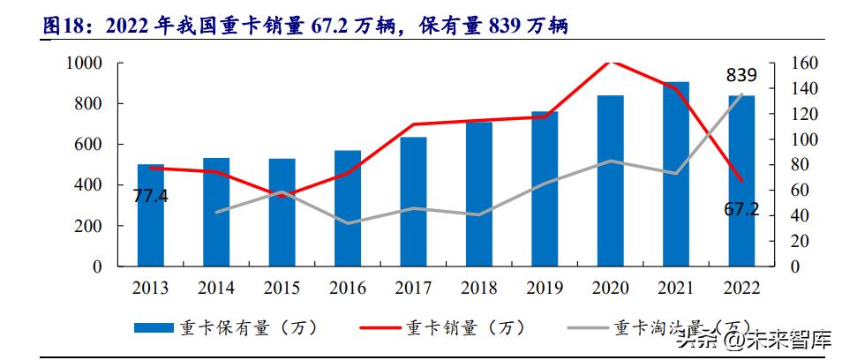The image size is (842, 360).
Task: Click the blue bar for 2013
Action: tap(150, 214)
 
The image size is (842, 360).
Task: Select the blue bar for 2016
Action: tap(347, 207)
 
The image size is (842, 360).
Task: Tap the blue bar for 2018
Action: tap(478, 193)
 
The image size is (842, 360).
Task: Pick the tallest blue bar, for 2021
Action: tap(675, 174)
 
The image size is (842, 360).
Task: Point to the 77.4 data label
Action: tap(150, 196)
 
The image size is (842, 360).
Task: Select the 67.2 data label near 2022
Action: tap(742, 213)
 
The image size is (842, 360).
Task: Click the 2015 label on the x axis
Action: tap(282, 289)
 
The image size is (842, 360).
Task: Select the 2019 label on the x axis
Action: tap(545, 289)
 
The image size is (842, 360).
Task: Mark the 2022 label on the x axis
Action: tap(741, 289)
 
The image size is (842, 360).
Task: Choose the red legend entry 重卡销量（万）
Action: tap(459, 327)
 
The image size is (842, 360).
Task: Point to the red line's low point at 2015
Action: tap(282, 196)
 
